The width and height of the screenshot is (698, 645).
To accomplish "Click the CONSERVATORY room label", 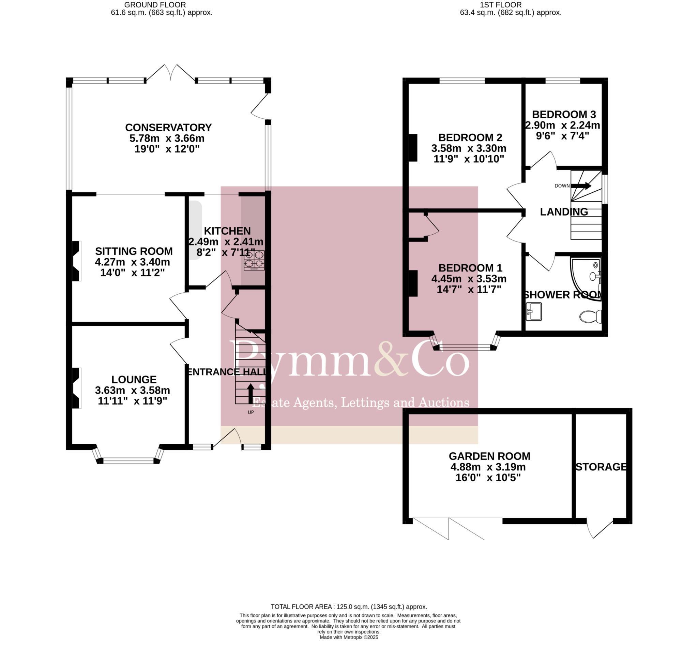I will pos(168,127).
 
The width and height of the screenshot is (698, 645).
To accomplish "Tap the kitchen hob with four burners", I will pos(254,260).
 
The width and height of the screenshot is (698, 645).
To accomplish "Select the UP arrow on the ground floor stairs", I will pos(251,393).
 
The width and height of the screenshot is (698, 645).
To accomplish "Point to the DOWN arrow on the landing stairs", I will pos(580,186).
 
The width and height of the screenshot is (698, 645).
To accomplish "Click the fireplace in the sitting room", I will pos(76,261).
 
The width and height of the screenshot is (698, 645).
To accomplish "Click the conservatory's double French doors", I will pos(170,73).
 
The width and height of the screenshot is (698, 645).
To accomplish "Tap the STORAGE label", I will pos(601,467).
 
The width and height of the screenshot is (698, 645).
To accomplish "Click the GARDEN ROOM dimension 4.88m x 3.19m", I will pos(488,467).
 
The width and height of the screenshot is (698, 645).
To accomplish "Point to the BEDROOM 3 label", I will pos(564,115).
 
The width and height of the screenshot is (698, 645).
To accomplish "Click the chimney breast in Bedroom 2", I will pos(413,148).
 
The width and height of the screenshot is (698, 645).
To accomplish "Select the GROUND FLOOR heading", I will pos(155,5).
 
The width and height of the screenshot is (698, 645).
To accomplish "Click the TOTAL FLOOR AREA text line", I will pos(349,606).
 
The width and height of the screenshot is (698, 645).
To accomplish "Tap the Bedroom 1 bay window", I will pos(465,347).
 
